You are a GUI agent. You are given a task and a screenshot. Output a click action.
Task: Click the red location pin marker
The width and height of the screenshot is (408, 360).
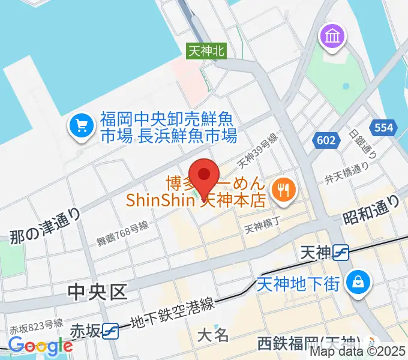(205, 175)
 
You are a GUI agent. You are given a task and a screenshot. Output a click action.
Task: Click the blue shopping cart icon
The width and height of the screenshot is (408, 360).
(80, 126)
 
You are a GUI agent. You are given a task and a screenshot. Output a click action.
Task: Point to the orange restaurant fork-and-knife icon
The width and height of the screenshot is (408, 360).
(281, 191)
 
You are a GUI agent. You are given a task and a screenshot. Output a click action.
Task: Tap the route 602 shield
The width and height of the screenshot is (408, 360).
(323, 140)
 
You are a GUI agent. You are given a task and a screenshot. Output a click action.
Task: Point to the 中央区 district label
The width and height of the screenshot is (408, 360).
(98, 292)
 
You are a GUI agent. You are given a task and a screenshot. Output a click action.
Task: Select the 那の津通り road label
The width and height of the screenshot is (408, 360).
(45, 225)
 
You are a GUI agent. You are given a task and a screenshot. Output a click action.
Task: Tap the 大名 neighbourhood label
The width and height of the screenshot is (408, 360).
(213, 334)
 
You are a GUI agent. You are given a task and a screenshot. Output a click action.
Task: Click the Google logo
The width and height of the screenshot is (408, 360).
(40, 346)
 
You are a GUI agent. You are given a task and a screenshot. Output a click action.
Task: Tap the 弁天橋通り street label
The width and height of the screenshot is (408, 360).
(346, 173)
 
